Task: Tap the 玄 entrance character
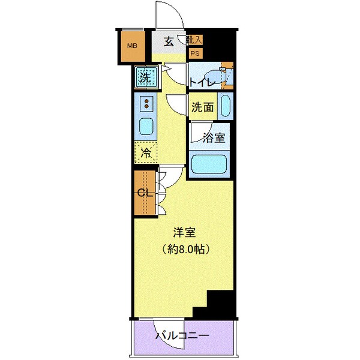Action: click(169, 41)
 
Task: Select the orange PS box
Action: click(194, 53)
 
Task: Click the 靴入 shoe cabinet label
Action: click(194, 40)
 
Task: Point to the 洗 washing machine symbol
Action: click(146, 77)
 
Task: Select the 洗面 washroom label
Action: click(202, 108)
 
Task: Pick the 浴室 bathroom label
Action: click(214, 137)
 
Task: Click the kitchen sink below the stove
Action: click(146, 127)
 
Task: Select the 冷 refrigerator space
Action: click(145, 152)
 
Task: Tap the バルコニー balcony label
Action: click(183, 335)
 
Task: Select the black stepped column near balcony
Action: click(216, 303)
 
